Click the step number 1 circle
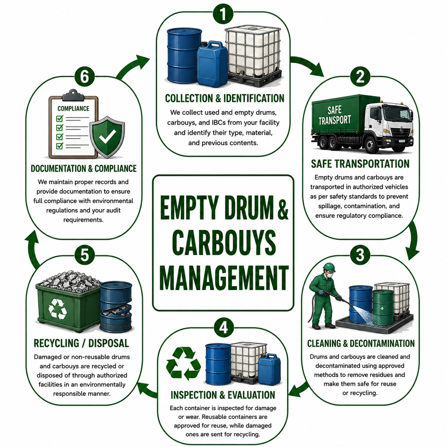(223, 14)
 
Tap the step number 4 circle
(223, 328)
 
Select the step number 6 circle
(84, 77)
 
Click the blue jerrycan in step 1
(212, 64)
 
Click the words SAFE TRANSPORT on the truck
(334, 115)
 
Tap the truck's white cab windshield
(397, 114)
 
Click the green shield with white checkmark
(107, 137)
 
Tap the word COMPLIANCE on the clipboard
(73, 109)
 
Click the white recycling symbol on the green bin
(57, 309)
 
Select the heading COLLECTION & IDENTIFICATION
(225, 98)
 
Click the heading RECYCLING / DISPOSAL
(81, 343)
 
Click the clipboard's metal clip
(73, 95)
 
